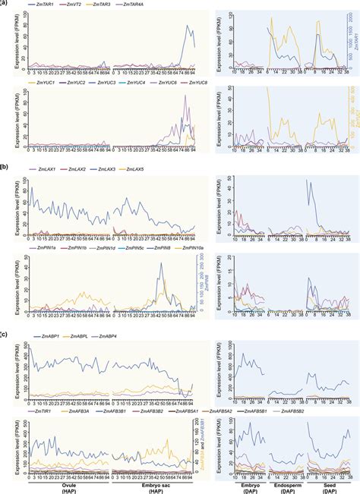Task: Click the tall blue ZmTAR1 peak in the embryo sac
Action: [x=188, y=27]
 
